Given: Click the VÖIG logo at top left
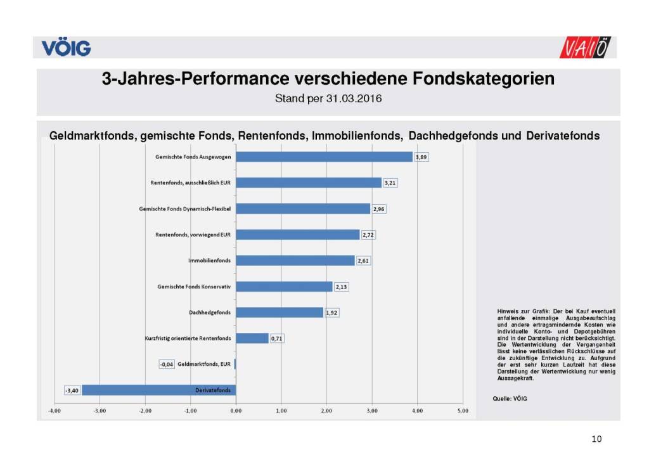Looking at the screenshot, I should [67, 48].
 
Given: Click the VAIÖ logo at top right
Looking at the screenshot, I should [586, 48].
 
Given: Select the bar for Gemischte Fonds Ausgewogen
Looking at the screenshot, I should [324, 157].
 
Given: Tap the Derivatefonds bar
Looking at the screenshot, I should [158, 390].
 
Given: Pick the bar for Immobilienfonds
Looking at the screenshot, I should [295, 261].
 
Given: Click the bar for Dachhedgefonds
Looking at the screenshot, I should [280, 313].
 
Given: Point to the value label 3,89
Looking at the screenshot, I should [422, 157].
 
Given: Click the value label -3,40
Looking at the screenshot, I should [72, 390].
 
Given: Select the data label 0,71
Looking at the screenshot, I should [276, 339].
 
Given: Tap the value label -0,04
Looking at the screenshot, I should [167, 365].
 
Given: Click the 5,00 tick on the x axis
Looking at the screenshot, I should [463, 411].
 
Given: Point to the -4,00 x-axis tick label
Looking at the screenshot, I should [55, 411].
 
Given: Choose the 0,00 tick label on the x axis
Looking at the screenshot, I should [236, 411].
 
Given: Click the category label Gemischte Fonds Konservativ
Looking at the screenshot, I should [194, 287].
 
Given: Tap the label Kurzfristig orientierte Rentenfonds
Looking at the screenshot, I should [188, 339].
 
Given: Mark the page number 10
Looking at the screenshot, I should [596, 439].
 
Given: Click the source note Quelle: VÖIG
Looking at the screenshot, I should [510, 398].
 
